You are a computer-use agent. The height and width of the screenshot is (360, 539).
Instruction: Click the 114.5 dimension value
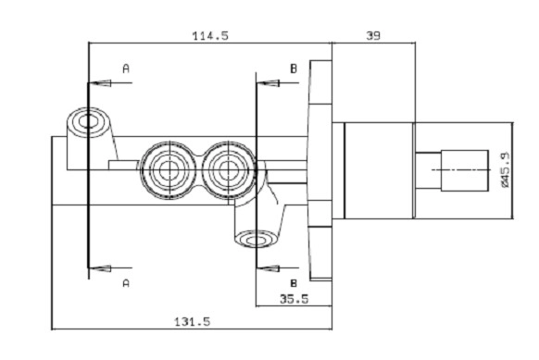point(210,36)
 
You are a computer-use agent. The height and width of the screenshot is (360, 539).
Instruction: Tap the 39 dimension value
point(373,36)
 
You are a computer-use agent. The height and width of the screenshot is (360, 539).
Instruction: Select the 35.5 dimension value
point(295,299)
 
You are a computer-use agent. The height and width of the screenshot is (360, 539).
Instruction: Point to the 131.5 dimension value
point(192,322)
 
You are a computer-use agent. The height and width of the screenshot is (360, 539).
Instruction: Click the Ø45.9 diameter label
point(505,169)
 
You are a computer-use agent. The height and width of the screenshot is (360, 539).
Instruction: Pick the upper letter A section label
point(126,68)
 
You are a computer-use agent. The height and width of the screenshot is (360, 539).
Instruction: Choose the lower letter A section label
point(126,283)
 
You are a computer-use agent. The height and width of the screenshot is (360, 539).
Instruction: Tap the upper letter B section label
point(294,68)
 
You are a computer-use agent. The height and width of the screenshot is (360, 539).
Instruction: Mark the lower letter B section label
point(294,283)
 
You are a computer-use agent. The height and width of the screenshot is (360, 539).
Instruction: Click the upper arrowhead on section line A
point(100,82)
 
